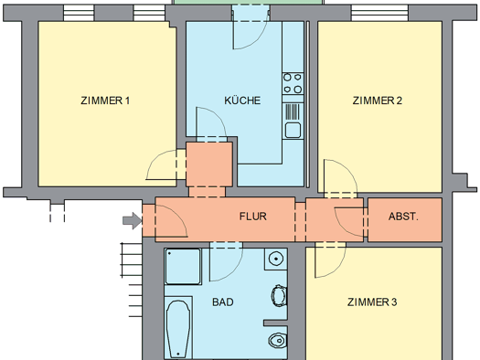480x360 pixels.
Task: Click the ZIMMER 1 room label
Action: coord(105,101)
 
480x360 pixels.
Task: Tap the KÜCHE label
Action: coord(242,101)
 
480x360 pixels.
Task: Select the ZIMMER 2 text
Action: coord(377,101)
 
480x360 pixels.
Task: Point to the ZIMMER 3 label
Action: coord(372,302)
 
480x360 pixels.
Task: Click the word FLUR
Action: coord(253,217)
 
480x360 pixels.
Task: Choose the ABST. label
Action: coord(403,217)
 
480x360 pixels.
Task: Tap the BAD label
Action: coord(223,302)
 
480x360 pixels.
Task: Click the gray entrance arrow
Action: coord(133,220)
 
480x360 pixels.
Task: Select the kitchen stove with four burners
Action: coord(293,83)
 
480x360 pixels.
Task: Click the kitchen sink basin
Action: coord(293,131)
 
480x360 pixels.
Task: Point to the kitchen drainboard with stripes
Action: coord(293,112)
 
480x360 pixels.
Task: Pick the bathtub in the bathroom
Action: coord(178,328)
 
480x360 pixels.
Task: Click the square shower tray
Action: coord(183,267)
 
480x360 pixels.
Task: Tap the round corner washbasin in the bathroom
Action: coord(276,259)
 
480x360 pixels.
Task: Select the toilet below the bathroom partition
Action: coord(277,340)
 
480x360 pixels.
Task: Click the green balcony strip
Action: coord(248,3)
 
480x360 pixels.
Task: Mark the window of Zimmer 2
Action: coord(379,13)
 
